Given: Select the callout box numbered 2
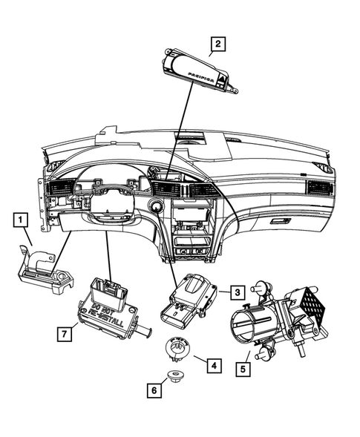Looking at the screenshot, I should (x=217, y=44).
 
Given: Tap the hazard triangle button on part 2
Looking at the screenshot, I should (x=222, y=79).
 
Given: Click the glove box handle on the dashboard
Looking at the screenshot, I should (x=282, y=220).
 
